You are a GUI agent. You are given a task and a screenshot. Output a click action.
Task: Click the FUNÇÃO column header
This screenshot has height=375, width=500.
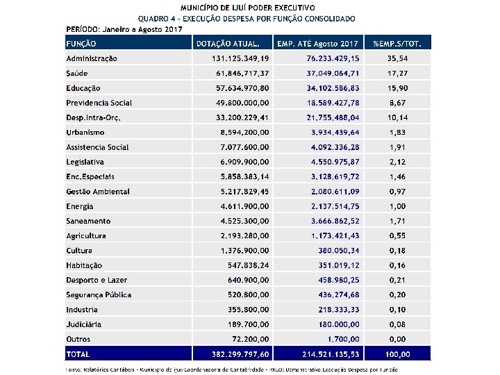(81, 44)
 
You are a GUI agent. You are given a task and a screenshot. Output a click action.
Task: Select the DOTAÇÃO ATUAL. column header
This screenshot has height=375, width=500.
(228, 44)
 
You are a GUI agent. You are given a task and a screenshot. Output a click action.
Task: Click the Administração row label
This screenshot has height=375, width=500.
(92, 58)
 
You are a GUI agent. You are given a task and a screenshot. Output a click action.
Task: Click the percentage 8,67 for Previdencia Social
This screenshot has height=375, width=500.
(397, 103)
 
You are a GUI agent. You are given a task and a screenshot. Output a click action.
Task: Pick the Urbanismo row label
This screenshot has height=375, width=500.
(85, 132)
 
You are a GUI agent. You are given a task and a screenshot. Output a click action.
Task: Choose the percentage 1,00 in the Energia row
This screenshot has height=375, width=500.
(397, 206)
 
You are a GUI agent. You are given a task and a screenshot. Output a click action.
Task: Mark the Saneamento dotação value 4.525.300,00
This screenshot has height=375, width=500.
(245, 221)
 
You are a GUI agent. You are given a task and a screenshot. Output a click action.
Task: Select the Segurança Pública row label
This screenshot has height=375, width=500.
(99, 294)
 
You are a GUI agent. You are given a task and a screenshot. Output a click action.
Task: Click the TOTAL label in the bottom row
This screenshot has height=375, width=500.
(78, 354)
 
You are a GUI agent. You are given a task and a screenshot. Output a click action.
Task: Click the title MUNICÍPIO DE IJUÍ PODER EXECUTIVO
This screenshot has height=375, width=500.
(248, 7)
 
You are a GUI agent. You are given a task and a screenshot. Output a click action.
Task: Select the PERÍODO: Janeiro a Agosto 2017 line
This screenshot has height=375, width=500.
(124, 29)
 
